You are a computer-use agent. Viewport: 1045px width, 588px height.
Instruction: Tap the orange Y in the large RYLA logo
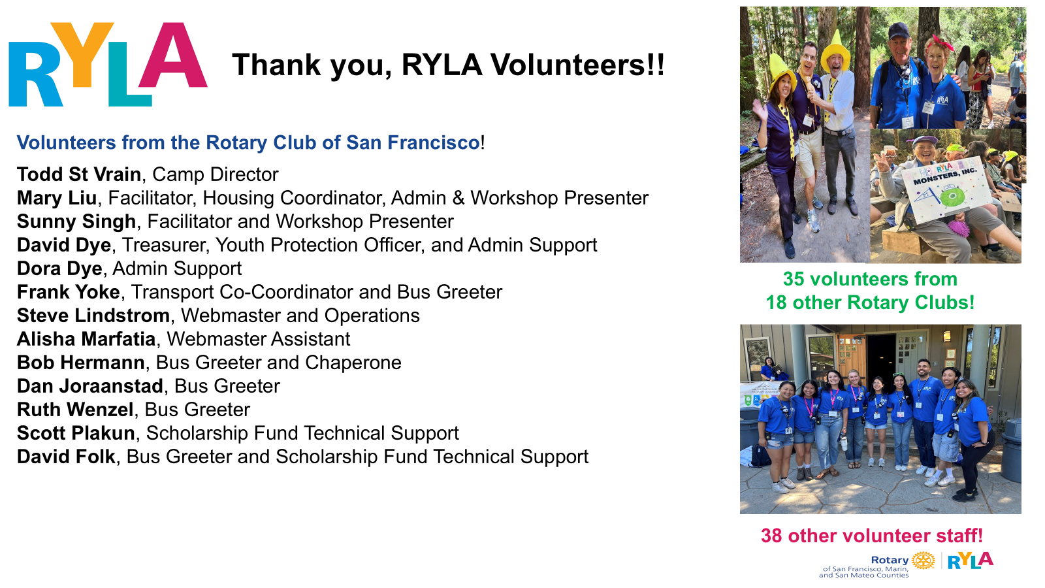click(x=82, y=54)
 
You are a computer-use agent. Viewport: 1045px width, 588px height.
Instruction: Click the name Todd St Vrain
click(x=79, y=174)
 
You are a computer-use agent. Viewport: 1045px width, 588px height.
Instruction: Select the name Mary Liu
click(x=57, y=198)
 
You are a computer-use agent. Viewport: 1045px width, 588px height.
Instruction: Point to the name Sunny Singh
click(x=76, y=221)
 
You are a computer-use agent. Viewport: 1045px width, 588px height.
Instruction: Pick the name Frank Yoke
click(x=69, y=292)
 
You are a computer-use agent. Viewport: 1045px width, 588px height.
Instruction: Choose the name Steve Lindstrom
click(x=93, y=316)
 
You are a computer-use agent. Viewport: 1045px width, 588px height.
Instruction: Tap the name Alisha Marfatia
click(x=86, y=339)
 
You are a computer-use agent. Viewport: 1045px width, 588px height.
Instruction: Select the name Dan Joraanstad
click(x=90, y=386)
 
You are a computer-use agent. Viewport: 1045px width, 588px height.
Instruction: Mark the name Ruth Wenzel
click(x=75, y=410)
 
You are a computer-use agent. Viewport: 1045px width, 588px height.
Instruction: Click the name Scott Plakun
click(x=76, y=434)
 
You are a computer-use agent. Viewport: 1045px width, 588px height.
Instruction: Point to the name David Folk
click(x=66, y=457)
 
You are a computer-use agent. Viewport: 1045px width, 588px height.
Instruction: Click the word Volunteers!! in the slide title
click(x=577, y=65)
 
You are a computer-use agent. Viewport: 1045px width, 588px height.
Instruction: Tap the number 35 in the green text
click(x=794, y=279)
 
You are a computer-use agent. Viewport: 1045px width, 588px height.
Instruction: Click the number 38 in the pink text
click(x=771, y=536)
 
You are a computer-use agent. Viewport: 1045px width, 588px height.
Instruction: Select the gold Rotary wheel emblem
click(x=924, y=561)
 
